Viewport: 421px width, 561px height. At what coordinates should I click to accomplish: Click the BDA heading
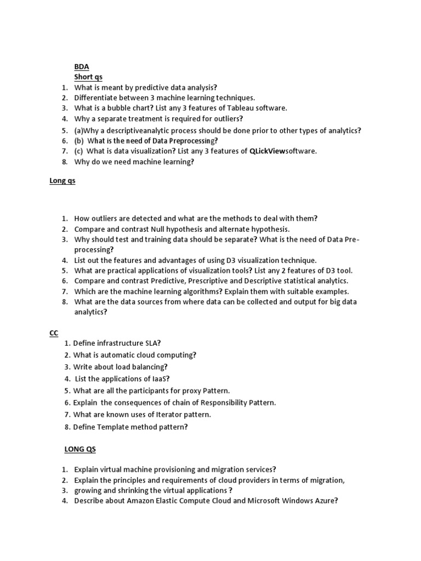pos(82,67)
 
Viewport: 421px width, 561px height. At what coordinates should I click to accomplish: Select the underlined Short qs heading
pos(88,77)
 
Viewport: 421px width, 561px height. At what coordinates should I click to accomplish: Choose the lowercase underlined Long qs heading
pos(62,181)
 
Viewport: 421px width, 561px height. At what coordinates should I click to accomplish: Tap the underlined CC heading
pos(54,333)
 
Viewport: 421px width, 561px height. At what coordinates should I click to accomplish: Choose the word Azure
pos(323,501)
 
